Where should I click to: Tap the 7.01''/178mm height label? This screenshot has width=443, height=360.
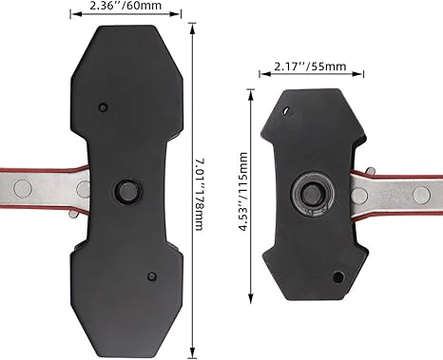pyautogui.click(x=207, y=191)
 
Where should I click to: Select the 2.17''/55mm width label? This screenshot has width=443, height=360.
pyautogui.click(x=307, y=67)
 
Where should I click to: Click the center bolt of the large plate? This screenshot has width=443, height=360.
pyautogui.click(x=125, y=189)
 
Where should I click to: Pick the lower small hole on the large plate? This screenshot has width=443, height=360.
pyautogui.click(x=150, y=275)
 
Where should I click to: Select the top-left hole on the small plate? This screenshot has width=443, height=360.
pyautogui.click(x=286, y=109)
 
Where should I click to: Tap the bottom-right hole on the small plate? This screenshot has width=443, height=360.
pyautogui.click(x=337, y=277)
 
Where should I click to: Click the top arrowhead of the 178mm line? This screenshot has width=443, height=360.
pyautogui.click(x=194, y=29)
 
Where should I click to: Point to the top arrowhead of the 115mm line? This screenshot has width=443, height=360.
pyautogui.click(x=253, y=91)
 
